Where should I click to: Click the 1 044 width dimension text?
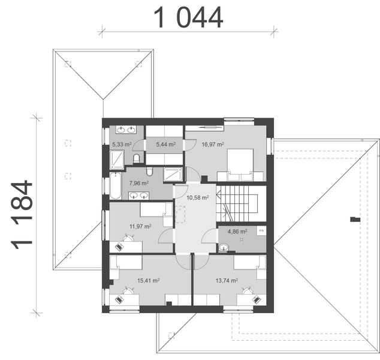point(188,17)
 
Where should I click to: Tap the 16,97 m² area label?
point(213,145)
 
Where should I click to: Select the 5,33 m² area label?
point(122,145)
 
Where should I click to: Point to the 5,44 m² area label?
point(165,145)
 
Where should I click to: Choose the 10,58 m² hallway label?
point(197,197)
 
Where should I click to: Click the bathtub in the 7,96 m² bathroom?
point(115,187)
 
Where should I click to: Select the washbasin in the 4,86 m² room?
point(223,246)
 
